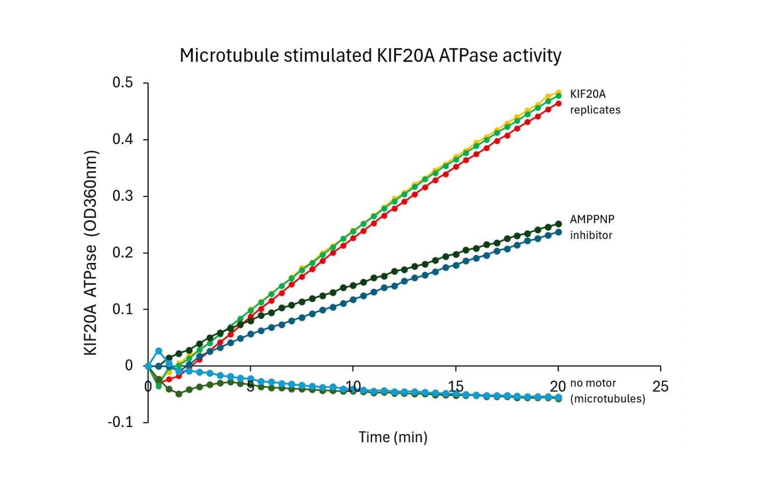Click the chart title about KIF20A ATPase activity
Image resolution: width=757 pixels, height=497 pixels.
point(370,55)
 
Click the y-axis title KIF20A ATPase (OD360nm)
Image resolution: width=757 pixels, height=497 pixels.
point(90,252)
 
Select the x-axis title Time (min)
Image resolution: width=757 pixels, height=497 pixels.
point(393,437)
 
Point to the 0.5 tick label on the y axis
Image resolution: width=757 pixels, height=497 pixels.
point(123,83)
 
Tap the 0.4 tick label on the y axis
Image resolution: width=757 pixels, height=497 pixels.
point(123,140)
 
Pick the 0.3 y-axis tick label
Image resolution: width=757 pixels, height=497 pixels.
point(123,196)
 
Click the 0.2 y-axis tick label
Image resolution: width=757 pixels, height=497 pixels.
point(123,253)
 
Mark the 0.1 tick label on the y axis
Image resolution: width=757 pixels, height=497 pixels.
point(123,310)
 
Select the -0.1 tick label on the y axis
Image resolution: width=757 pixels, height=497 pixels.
point(121,422)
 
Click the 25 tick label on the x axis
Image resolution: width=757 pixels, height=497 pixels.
point(660,387)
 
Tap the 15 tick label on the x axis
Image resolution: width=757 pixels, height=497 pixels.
point(455,387)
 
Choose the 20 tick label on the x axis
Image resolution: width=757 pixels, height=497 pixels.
point(558,387)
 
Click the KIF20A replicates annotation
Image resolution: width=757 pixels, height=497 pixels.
point(595,102)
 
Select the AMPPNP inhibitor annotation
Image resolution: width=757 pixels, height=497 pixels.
point(592,227)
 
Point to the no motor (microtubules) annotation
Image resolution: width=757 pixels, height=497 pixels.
point(607,391)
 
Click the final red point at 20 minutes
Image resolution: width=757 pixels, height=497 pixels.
point(558,103)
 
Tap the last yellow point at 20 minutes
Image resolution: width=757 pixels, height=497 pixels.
point(558,92)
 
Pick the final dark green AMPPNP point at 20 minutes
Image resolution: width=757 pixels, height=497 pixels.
point(558,224)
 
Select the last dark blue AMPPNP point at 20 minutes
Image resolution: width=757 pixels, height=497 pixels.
point(558,232)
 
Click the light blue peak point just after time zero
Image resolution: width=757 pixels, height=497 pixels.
point(158,351)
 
